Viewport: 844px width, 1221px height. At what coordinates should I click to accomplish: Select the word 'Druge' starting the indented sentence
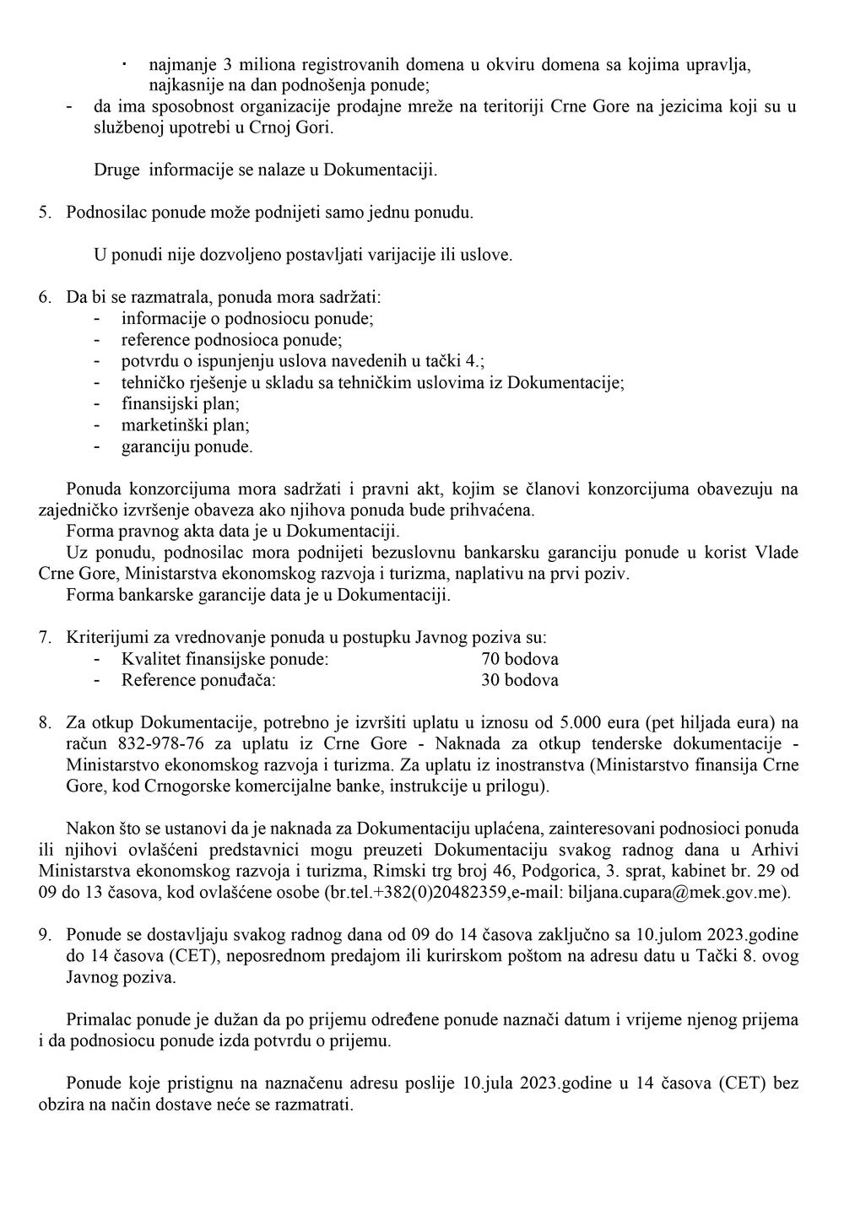point(116,170)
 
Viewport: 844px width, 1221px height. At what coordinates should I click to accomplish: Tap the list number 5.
point(45,213)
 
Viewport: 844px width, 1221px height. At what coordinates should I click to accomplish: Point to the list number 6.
point(45,298)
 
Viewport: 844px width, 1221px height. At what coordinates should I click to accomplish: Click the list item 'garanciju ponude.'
point(187,447)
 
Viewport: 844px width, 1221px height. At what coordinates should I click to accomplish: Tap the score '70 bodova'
point(519,659)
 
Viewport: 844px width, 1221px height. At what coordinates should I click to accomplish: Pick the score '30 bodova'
point(519,680)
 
